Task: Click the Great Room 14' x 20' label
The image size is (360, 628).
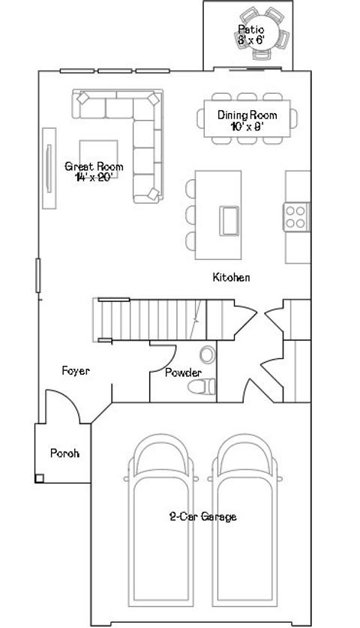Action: coord(94,172)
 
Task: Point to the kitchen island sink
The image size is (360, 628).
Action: coord(229,219)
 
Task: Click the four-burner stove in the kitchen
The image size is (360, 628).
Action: coord(296,216)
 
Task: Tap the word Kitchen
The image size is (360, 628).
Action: coord(231,277)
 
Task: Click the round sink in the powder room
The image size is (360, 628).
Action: coord(208,354)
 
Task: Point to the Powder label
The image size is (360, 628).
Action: coord(182,372)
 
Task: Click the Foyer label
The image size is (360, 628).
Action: coord(76,370)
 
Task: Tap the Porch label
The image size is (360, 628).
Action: coord(64,453)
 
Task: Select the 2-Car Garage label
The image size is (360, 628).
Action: coord(202,516)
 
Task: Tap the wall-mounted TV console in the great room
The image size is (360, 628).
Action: coord(49,167)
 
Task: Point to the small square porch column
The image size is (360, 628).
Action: coord(39,477)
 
